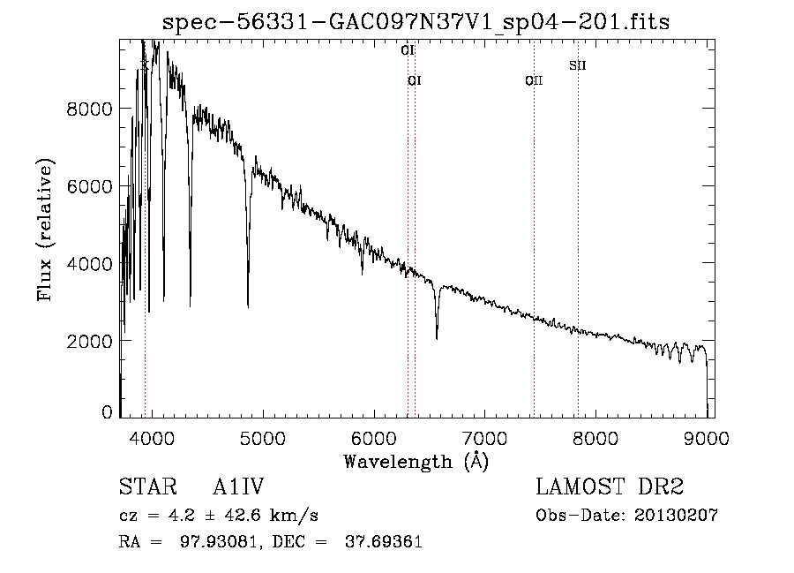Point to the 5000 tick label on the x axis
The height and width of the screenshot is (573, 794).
click(262, 437)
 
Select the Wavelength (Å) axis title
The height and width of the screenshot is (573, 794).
click(416, 461)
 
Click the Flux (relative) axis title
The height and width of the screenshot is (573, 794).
click(45, 230)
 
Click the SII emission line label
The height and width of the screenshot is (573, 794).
click(578, 65)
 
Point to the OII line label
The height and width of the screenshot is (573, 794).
click(534, 81)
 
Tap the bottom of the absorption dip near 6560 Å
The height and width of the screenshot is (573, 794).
click(437, 337)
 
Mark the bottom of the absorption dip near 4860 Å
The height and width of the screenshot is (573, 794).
click(248, 305)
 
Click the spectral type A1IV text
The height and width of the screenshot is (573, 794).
click(238, 487)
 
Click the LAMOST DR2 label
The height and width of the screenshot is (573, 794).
click(610, 487)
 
